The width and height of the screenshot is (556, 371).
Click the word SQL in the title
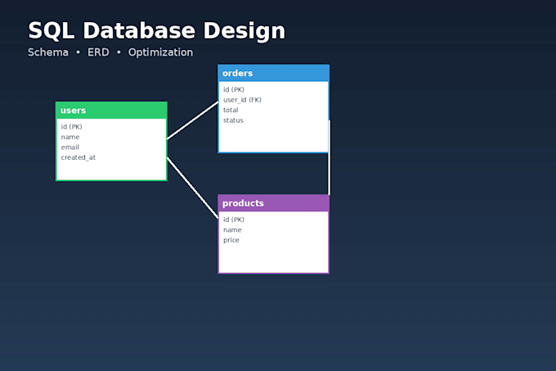click(x=51, y=31)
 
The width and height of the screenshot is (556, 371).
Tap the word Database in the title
click(x=139, y=30)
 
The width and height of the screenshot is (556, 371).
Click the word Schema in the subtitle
click(x=48, y=52)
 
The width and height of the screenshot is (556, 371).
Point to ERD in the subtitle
click(x=98, y=52)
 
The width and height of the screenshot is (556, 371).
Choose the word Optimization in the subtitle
click(x=160, y=52)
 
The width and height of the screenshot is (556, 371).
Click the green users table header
click(x=111, y=111)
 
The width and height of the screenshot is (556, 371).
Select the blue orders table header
click(x=273, y=73)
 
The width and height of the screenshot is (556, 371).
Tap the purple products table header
click(x=273, y=203)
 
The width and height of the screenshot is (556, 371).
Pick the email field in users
click(x=70, y=147)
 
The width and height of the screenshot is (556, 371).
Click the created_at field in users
click(x=78, y=157)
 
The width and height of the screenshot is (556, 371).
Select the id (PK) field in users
click(x=72, y=127)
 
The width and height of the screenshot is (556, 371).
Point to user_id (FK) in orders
click(x=242, y=100)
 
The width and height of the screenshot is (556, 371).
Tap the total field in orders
click(x=231, y=110)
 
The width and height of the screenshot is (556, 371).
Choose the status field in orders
click(x=233, y=120)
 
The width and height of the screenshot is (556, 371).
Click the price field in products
click(x=231, y=240)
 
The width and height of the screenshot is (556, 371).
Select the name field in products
click(x=232, y=230)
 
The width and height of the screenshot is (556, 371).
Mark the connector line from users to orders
click(x=192, y=120)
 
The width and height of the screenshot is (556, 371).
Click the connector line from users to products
click(x=192, y=188)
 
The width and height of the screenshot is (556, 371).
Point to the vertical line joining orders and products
click(x=329, y=157)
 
